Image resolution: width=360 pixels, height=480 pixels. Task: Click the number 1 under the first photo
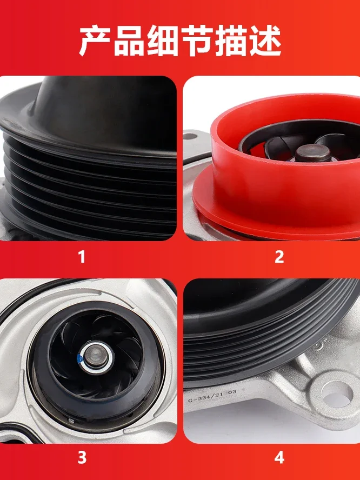(82, 256)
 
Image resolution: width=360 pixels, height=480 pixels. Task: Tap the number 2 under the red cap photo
(279, 256)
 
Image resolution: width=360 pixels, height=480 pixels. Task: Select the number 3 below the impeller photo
(82, 458)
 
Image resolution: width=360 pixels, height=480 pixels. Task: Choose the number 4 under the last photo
(279, 458)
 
